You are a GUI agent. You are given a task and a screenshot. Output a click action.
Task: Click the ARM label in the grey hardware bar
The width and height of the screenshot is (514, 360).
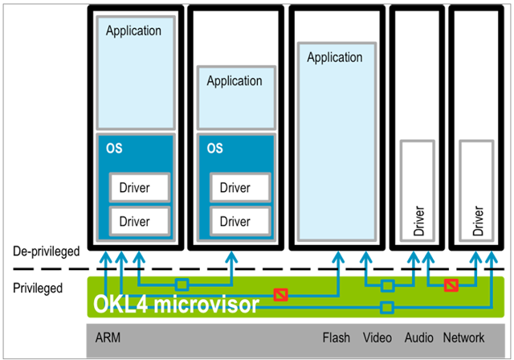108,337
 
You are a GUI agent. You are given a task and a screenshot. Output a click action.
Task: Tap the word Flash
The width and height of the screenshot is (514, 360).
336,337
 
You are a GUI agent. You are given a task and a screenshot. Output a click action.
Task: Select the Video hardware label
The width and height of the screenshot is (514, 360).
377,337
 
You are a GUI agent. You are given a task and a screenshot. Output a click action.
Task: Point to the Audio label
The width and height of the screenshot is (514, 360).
419,337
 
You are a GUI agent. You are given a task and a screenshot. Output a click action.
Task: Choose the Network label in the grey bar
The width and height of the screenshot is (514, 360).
463,337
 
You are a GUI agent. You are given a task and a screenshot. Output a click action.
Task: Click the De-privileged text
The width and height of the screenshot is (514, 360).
47,252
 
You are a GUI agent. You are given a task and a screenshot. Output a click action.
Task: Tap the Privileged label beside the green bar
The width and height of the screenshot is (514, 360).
38,288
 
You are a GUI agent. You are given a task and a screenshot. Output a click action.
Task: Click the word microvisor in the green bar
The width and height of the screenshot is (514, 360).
206,304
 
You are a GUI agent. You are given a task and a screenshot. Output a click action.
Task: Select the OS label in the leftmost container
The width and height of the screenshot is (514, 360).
114,148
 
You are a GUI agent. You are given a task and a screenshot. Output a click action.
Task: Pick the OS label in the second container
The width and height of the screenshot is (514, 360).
214,148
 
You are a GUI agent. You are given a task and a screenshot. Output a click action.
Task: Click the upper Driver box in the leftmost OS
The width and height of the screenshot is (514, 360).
140,187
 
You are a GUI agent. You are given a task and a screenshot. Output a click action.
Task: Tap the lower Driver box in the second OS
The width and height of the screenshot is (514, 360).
240,221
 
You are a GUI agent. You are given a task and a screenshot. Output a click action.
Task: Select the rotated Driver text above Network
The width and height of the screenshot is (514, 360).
478,221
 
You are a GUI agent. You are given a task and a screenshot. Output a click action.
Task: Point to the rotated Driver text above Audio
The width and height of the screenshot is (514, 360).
418,221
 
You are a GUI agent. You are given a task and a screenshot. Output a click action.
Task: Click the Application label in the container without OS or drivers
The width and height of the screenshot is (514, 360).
335,57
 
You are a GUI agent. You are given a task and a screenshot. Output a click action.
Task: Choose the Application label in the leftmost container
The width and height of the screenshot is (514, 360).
133,31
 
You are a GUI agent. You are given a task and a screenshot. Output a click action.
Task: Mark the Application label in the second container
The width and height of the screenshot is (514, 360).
235,81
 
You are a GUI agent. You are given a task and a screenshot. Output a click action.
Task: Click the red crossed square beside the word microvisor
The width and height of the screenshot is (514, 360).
281,295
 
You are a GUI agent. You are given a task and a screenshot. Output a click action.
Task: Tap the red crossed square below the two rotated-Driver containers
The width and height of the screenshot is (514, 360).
451,285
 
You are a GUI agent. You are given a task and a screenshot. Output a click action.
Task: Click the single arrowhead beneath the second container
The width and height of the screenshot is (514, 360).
232,257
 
